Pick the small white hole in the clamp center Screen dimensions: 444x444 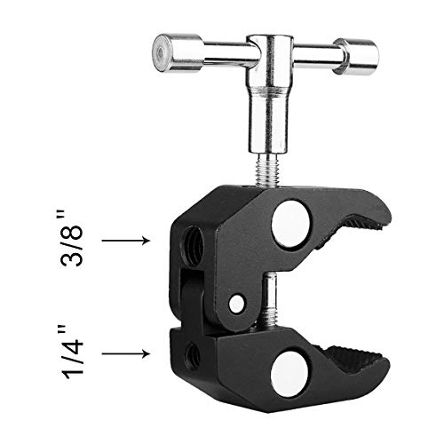click(236, 304)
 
